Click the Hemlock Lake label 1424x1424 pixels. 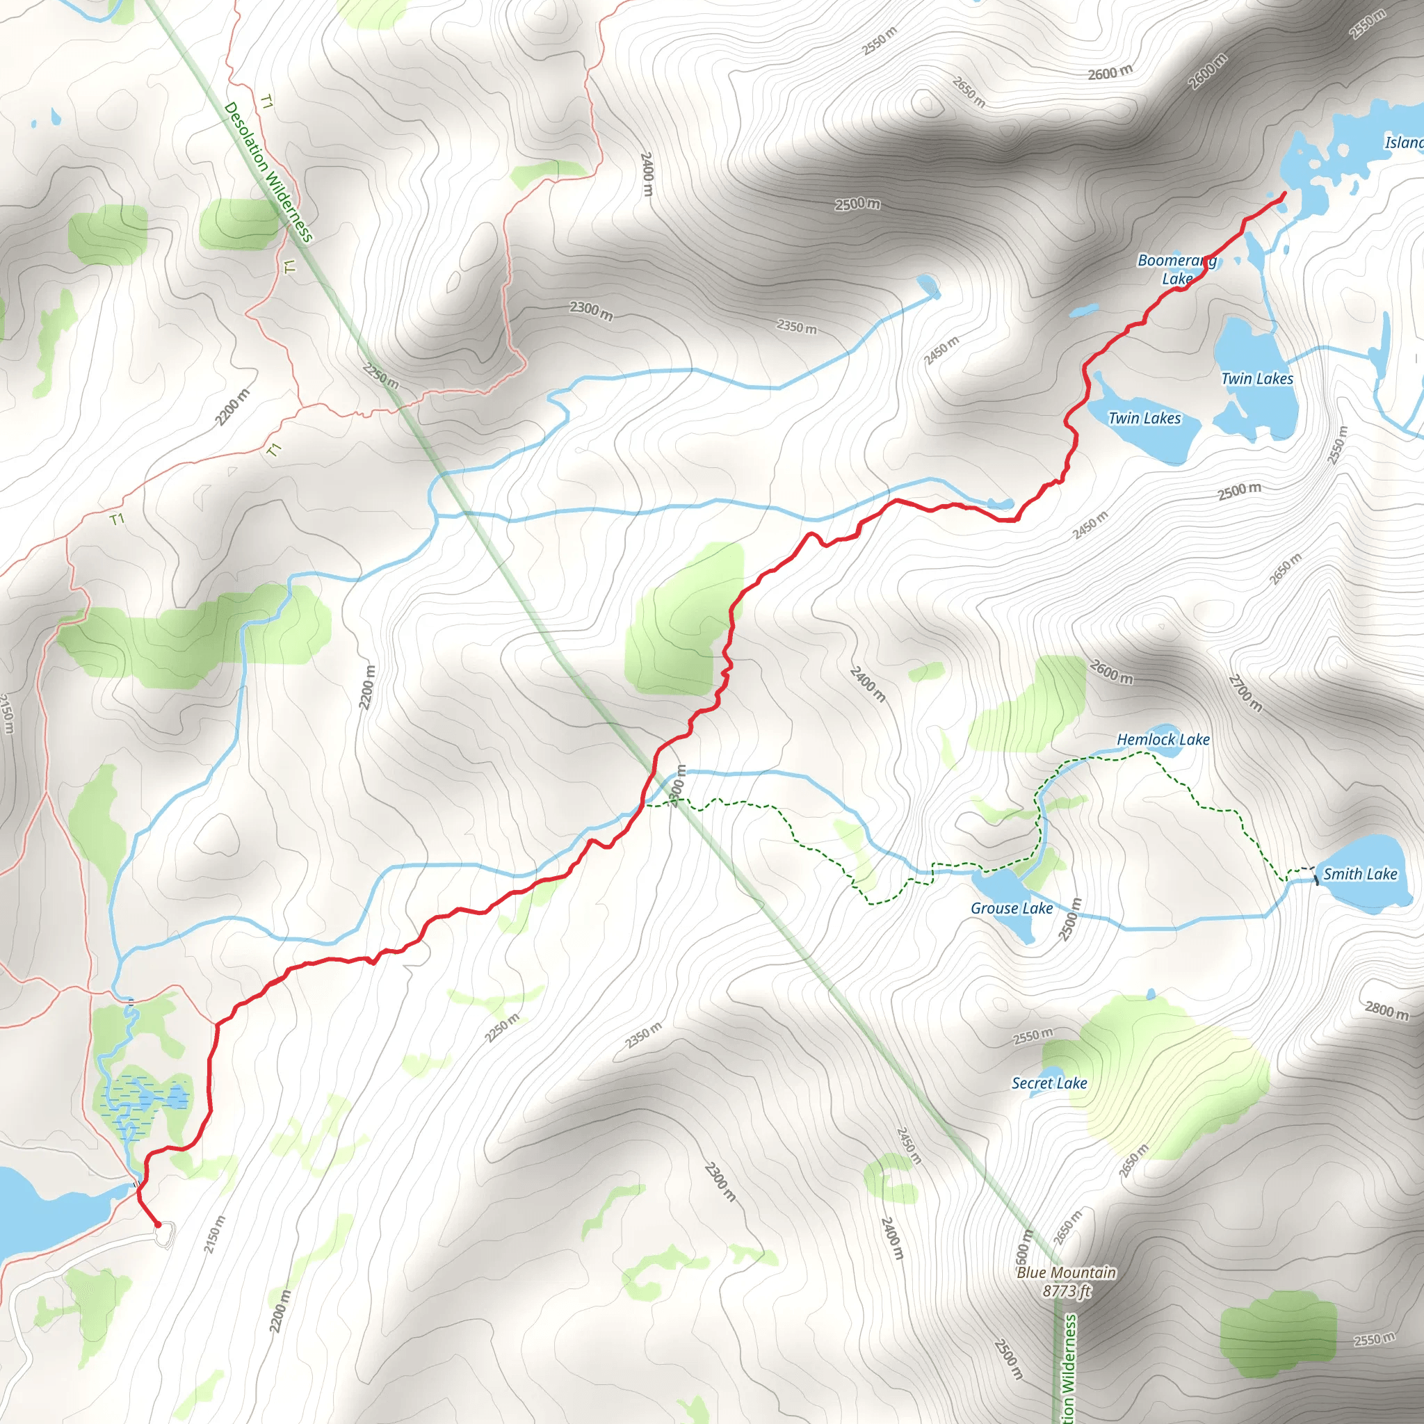[x=1163, y=739]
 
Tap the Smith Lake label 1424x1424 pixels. [x=1360, y=874]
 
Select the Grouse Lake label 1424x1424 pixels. [x=1011, y=908]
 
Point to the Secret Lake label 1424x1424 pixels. [x=1049, y=1083]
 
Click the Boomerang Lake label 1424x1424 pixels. [x=1176, y=269]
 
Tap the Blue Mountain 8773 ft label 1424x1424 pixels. [x=1066, y=1281]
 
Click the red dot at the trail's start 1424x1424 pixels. [x=158, y=1224]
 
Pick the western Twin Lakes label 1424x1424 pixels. [x=1144, y=418]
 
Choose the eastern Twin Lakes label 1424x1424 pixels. [x=1256, y=378]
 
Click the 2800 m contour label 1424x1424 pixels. [x=1386, y=1010]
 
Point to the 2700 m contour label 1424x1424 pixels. [x=1245, y=693]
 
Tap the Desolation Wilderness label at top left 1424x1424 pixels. [x=268, y=172]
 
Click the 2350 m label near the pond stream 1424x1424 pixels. [x=797, y=326]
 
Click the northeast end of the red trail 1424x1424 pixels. [x=1285, y=194]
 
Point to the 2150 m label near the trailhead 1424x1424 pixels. [x=213, y=1234]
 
